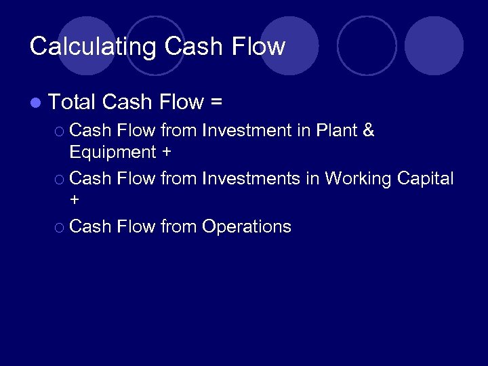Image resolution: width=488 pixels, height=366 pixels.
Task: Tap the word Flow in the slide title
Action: [x=258, y=47]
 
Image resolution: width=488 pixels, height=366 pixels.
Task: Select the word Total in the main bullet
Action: [x=73, y=102]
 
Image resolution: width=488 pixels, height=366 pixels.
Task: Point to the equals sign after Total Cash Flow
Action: [x=216, y=103]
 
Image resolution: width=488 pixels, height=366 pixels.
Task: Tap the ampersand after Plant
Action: [x=369, y=130]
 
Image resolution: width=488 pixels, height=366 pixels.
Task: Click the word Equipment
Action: [x=113, y=152]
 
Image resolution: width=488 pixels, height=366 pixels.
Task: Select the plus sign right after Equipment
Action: [x=167, y=152]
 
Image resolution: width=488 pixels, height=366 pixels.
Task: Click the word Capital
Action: [x=425, y=179]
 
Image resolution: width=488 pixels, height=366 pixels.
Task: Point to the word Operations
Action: [x=247, y=226]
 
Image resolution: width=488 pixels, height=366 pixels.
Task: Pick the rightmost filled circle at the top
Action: [x=434, y=45]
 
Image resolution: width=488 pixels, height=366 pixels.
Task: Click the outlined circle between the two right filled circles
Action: [x=367, y=45]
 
